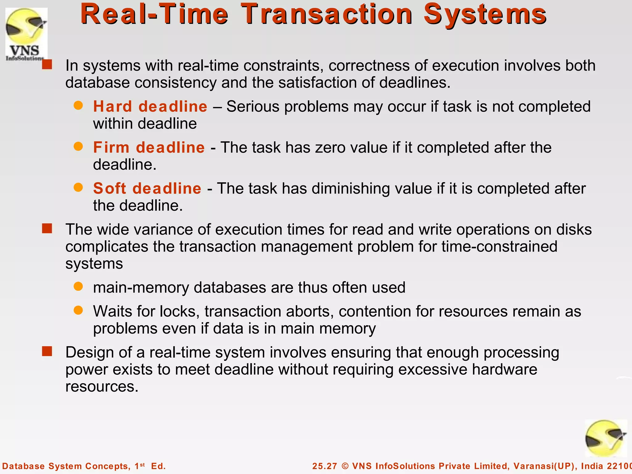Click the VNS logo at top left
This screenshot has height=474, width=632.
point(26,34)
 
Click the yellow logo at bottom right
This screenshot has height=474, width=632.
point(606,439)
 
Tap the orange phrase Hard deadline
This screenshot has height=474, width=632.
point(150,106)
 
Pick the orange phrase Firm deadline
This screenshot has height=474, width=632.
point(149,148)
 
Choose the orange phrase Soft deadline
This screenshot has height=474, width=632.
point(147,189)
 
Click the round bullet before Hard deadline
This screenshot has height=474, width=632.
point(78,106)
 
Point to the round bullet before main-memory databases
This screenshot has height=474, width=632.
point(78,286)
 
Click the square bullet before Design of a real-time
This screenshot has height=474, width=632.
point(47,351)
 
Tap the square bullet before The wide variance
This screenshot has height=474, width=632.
point(47,229)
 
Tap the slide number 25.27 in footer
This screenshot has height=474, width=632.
point(324,466)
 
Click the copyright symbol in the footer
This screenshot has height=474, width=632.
point(345,466)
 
